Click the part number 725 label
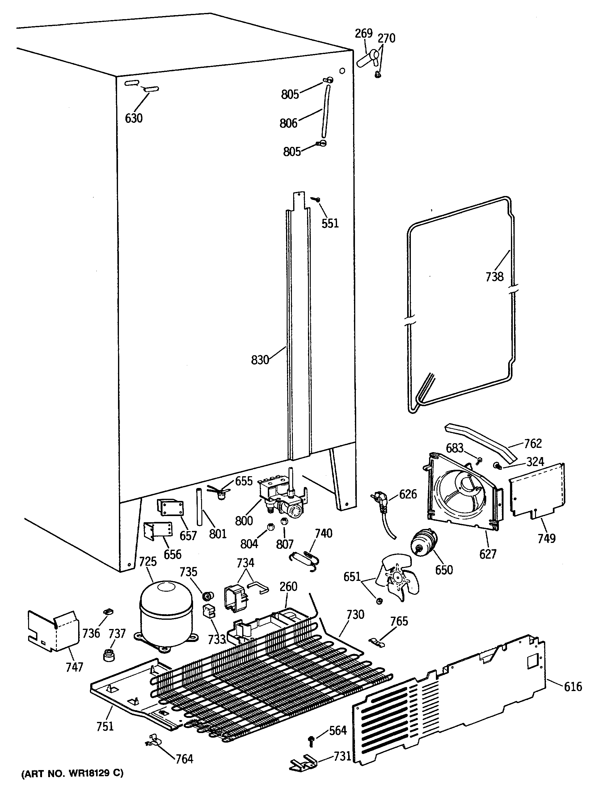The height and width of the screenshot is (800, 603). (148, 562)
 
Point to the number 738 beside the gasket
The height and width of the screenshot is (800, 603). (494, 277)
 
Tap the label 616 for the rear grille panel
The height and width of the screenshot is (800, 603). (573, 686)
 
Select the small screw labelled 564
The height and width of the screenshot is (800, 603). (311, 739)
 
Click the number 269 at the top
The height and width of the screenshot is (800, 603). (363, 33)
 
